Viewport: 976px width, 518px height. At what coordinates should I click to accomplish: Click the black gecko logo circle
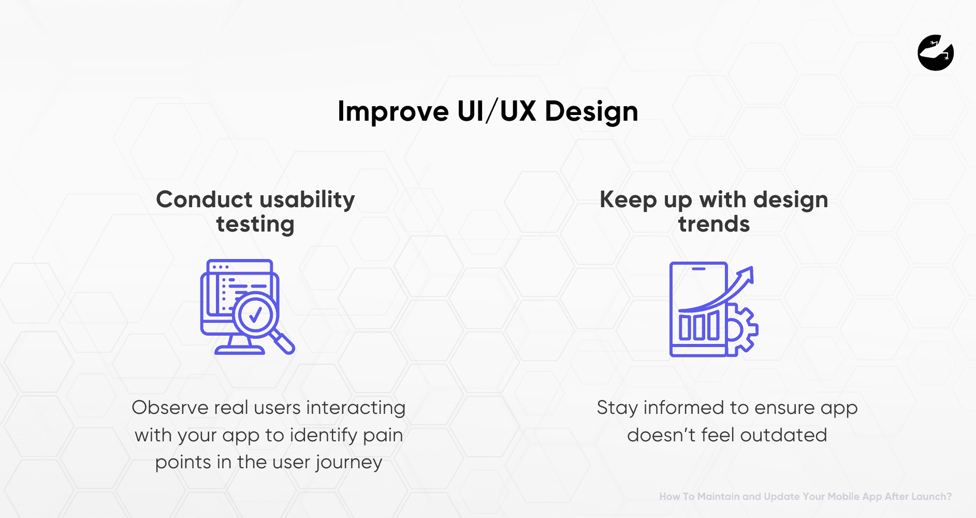tap(936, 53)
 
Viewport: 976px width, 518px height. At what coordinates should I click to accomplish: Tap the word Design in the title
tap(591, 111)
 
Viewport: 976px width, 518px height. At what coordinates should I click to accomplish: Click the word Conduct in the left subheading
tap(204, 199)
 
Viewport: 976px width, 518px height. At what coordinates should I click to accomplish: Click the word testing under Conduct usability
tap(255, 225)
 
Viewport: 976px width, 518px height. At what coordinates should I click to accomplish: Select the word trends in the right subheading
tap(714, 224)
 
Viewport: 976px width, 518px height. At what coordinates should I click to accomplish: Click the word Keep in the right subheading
tap(628, 200)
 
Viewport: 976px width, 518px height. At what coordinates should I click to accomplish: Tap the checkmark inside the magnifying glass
tap(255, 314)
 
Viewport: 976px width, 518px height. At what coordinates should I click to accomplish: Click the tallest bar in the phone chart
tap(713, 325)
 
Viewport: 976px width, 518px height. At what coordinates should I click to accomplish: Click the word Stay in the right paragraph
tap(617, 408)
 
